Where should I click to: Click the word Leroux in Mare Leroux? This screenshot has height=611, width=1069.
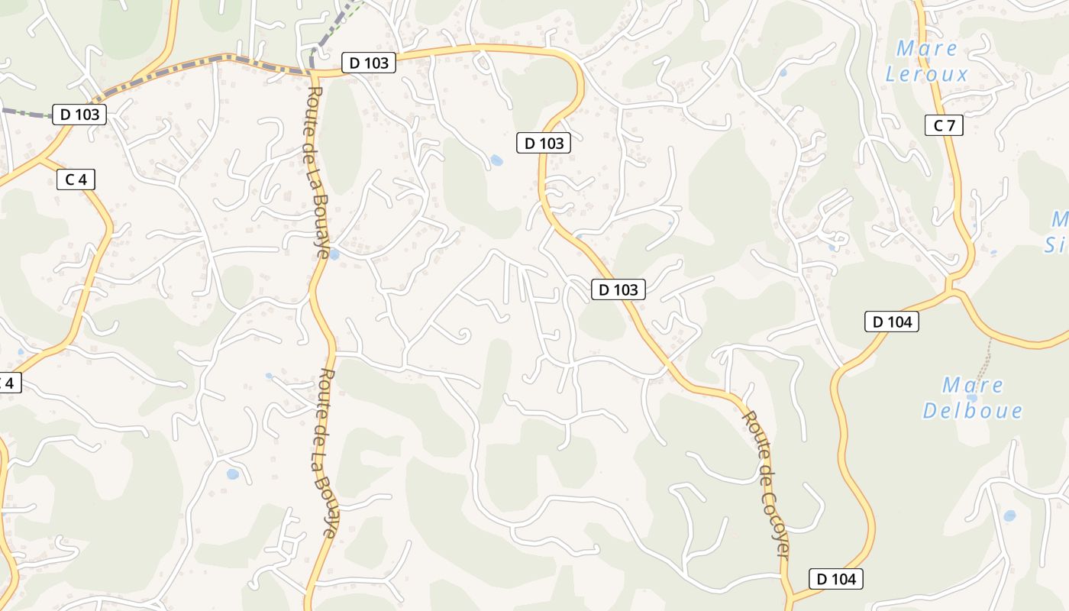[927, 74]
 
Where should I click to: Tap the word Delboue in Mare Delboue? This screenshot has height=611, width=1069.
[972, 410]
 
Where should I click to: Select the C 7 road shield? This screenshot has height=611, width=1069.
[944, 126]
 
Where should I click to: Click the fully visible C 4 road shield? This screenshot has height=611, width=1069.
[76, 179]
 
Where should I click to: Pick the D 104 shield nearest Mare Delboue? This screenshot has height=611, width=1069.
[891, 322]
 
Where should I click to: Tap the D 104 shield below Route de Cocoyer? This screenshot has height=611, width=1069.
[836, 579]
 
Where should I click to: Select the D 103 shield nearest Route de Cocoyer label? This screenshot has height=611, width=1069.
[618, 289]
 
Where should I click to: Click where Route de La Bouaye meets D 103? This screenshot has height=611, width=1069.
[312, 73]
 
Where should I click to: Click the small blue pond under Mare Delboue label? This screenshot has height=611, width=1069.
[971, 397]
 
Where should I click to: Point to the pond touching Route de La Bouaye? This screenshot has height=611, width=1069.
[334, 254]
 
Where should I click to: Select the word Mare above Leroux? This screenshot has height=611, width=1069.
[927, 49]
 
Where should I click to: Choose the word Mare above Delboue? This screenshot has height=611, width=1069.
[972, 385]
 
